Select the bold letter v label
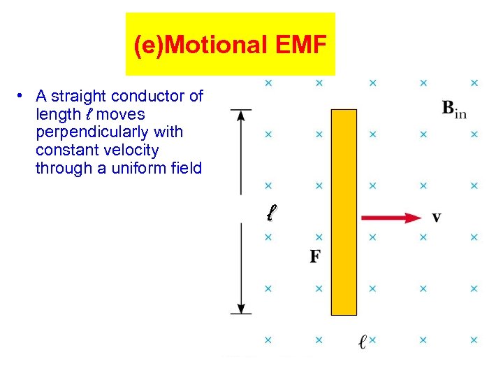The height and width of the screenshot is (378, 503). tap(436, 218)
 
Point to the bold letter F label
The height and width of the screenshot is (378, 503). tap(315, 256)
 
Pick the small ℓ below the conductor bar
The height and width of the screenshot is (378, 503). tap(362, 342)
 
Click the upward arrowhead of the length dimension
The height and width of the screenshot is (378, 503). tap(241, 115)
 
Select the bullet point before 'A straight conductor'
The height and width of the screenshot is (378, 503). tap(23, 95)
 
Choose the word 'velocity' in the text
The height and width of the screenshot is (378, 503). tap(131, 150)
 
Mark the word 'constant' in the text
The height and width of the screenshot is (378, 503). tap(66, 150)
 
